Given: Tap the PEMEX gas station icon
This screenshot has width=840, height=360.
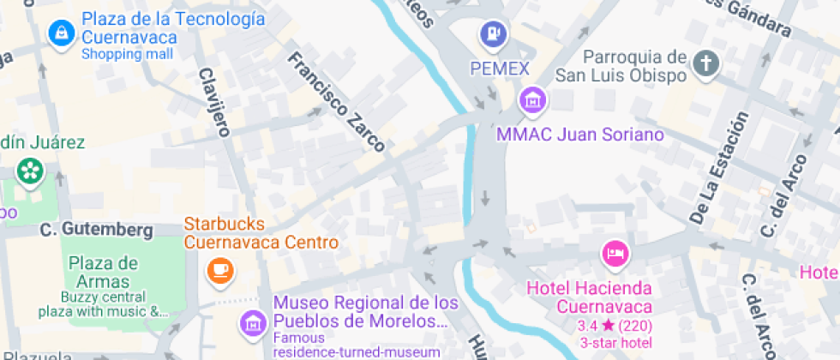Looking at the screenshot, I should coord(492,34).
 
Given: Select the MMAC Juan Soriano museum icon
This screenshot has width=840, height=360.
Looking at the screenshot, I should coord(533,99).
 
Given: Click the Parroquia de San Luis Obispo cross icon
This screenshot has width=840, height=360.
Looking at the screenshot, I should coord(705,63).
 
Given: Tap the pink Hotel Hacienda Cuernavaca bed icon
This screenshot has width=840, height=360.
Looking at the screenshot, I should coord(615,253).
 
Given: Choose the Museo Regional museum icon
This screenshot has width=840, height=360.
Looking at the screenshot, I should coord(253,323).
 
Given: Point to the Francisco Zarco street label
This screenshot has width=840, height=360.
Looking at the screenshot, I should coord(335,102).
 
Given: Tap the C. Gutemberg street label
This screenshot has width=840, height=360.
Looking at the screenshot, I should coord(96,230).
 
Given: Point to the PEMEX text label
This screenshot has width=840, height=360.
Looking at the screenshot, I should coord(500,67).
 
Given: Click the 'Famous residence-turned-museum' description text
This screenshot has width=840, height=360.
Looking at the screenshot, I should coord(356,345).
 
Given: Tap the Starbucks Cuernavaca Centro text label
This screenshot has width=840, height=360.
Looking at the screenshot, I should coord(261,233).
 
